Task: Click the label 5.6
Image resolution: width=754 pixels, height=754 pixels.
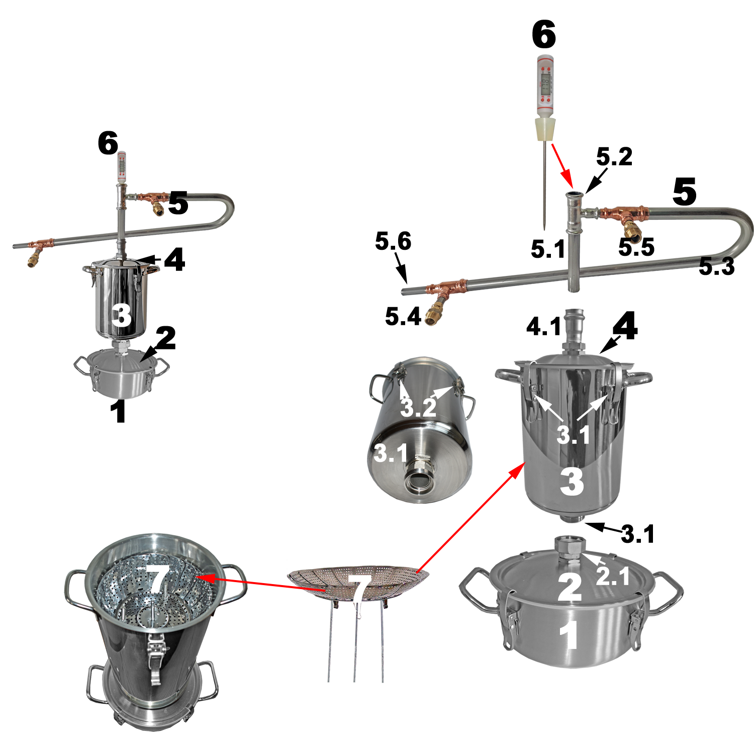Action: tap(393, 242)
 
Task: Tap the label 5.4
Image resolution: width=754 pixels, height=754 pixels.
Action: tap(403, 317)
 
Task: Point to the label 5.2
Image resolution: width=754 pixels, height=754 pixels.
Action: tap(614, 157)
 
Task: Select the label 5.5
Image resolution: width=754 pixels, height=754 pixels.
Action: tap(636, 247)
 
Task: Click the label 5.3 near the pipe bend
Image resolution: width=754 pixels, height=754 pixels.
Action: tap(717, 266)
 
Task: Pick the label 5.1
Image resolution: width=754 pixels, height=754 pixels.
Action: tap(548, 249)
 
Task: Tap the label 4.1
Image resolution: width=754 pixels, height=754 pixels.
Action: tap(544, 327)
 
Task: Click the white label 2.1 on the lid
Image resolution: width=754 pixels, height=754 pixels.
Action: tap(613, 576)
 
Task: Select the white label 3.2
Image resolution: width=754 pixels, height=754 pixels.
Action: tap(419, 408)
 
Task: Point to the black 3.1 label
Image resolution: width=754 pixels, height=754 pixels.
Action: tap(638, 534)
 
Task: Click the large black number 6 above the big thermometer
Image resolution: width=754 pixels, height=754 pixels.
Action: tap(544, 35)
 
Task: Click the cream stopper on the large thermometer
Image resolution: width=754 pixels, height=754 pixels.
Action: tap(545, 130)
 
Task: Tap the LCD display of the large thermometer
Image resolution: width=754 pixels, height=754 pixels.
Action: tap(545, 80)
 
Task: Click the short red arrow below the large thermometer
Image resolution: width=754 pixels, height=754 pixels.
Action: tap(562, 164)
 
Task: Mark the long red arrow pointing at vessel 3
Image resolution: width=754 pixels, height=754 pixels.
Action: tap(470, 518)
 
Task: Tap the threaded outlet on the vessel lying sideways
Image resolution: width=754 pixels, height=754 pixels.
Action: tap(419, 481)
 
